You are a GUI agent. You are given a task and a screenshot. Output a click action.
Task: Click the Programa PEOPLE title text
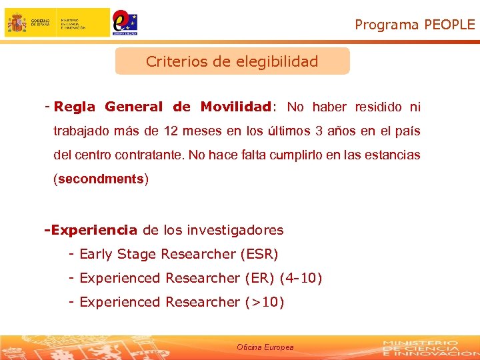[x=415, y=25]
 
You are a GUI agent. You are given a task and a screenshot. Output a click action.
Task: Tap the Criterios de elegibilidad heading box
[x=232, y=61]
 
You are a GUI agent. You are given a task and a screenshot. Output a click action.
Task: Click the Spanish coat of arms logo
[x=17, y=23]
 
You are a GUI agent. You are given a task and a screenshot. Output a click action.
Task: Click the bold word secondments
[x=101, y=179]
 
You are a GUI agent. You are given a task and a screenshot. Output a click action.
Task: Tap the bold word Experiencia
[x=93, y=230]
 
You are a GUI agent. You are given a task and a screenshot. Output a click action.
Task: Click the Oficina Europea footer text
[x=265, y=347]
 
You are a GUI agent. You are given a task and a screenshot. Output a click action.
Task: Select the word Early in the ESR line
[x=95, y=254]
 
